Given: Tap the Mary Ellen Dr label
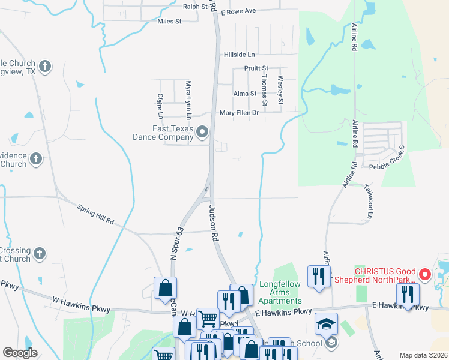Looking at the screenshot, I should tap(239, 112).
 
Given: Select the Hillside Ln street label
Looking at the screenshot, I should tap(240, 54).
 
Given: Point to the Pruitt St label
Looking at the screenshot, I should tap(256, 68).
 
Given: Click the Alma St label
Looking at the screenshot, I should tap(244, 94).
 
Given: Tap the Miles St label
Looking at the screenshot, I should tap(169, 21).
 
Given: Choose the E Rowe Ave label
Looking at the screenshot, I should tap(238, 11).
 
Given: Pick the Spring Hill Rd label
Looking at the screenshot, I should tap(95, 214).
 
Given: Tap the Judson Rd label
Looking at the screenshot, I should tap(212, 222).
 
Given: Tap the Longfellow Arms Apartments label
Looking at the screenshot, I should tap(280, 292).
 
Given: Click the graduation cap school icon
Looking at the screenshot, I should tap(326, 323).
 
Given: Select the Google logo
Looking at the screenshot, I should tap(20, 353).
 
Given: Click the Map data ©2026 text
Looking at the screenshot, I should tap(423, 355).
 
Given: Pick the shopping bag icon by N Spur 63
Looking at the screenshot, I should tap(165, 287).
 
